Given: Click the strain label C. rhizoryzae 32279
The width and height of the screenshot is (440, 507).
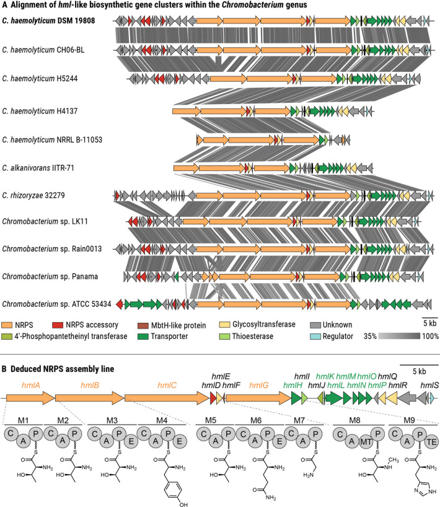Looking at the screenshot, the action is tap(33, 196).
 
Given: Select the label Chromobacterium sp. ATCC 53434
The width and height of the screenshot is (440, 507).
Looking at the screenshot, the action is tap(56, 304).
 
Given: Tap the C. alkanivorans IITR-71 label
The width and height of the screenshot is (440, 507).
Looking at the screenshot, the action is tap(38, 168).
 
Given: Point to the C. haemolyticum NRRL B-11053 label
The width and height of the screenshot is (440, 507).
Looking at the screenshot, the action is tap(52, 140).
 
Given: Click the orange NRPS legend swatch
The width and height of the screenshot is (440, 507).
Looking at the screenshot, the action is tap(6, 325).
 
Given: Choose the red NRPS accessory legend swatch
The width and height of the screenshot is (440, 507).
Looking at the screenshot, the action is tap(58, 325).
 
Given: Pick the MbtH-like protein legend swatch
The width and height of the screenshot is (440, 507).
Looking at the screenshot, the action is tap(143, 325).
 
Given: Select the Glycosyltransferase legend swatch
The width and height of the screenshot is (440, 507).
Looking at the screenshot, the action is tap(224, 324).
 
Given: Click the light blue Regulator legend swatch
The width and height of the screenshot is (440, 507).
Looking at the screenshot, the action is tap(315, 337).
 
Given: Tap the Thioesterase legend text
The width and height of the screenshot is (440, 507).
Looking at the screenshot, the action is tap(252, 337).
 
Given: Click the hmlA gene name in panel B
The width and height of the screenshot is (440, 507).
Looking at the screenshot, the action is tap(31, 385).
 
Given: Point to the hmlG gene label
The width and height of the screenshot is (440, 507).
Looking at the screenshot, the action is tap(259, 385).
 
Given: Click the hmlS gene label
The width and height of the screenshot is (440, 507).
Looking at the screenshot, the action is tap(429, 385).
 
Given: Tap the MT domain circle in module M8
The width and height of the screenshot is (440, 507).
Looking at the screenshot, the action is tap(366, 441).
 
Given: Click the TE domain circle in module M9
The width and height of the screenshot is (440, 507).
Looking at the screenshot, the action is tap(431, 441).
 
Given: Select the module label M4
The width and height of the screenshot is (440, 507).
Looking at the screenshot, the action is tap(162, 420).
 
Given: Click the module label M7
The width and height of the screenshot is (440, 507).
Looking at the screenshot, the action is tap(299, 420).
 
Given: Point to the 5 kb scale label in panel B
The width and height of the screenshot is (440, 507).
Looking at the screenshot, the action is tap(420, 371).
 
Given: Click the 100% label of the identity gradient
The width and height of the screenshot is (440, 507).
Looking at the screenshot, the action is tap(430, 337).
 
